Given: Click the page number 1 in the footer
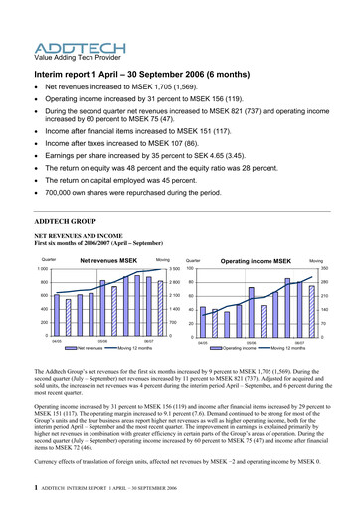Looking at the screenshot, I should click(36, 489).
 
